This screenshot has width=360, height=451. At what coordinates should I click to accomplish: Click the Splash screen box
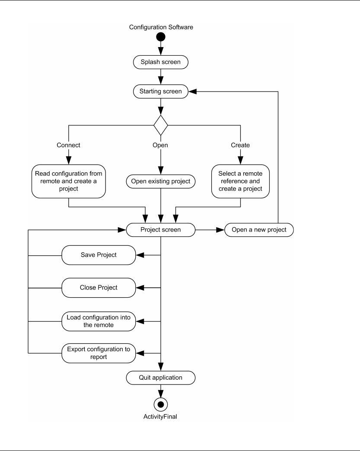(161, 62)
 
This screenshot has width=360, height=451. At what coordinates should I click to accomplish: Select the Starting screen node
(161, 92)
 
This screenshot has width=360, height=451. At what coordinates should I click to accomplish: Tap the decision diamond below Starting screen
(161, 125)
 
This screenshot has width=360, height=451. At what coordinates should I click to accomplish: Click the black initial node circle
(161, 37)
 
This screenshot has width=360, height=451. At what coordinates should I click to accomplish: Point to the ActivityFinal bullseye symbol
(161, 404)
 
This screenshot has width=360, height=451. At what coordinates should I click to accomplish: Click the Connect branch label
(68, 145)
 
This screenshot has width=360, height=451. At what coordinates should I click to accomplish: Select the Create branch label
(240, 145)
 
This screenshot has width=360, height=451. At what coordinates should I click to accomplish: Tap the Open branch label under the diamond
(160, 145)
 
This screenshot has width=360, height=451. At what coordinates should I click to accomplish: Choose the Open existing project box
(161, 181)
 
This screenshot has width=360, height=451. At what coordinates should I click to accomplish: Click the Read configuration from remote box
(68, 181)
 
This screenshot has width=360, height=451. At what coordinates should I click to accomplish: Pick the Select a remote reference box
(240, 181)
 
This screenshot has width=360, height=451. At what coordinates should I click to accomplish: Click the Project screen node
(161, 230)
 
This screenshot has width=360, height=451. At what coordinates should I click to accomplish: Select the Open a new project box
(259, 230)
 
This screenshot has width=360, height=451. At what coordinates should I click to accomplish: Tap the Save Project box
(99, 255)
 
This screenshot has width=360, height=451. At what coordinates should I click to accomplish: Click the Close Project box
(99, 288)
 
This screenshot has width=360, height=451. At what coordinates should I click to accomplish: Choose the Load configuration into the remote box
(99, 321)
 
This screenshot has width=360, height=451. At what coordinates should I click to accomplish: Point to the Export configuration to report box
(99, 353)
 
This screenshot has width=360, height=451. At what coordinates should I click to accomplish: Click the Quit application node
(161, 378)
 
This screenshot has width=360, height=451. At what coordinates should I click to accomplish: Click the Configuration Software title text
(161, 27)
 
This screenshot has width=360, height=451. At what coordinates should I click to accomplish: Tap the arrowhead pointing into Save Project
(140, 255)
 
